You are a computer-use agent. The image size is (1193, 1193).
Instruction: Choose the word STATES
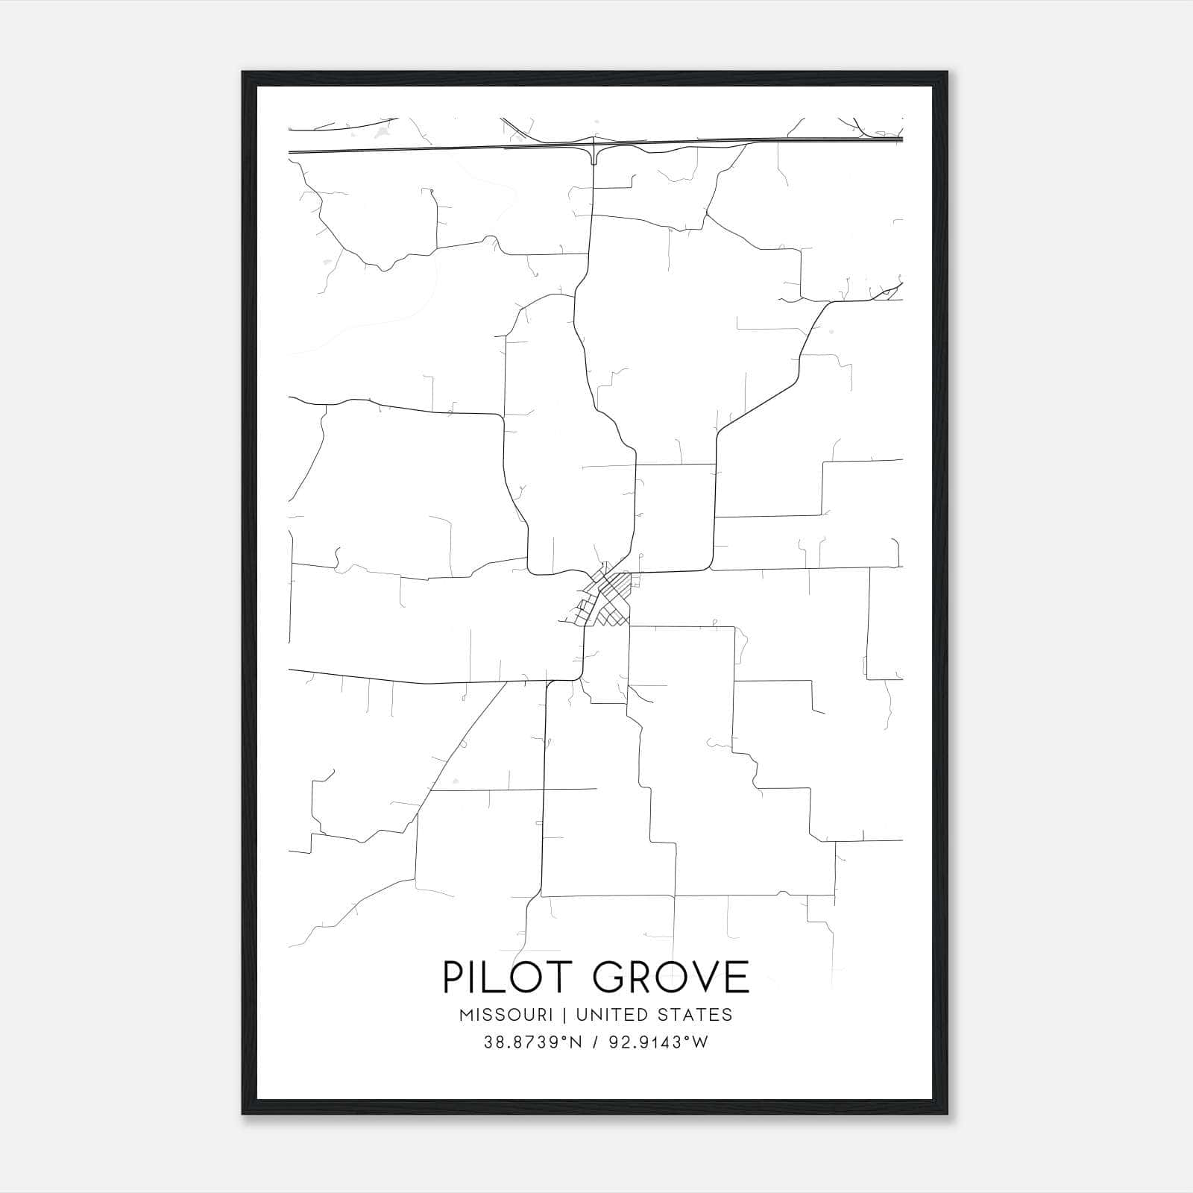click(x=696, y=1015)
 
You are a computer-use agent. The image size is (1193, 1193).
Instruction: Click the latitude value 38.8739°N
click(x=531, y=1042)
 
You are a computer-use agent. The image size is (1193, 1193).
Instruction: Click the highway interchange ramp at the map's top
click(x=594, y=154)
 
